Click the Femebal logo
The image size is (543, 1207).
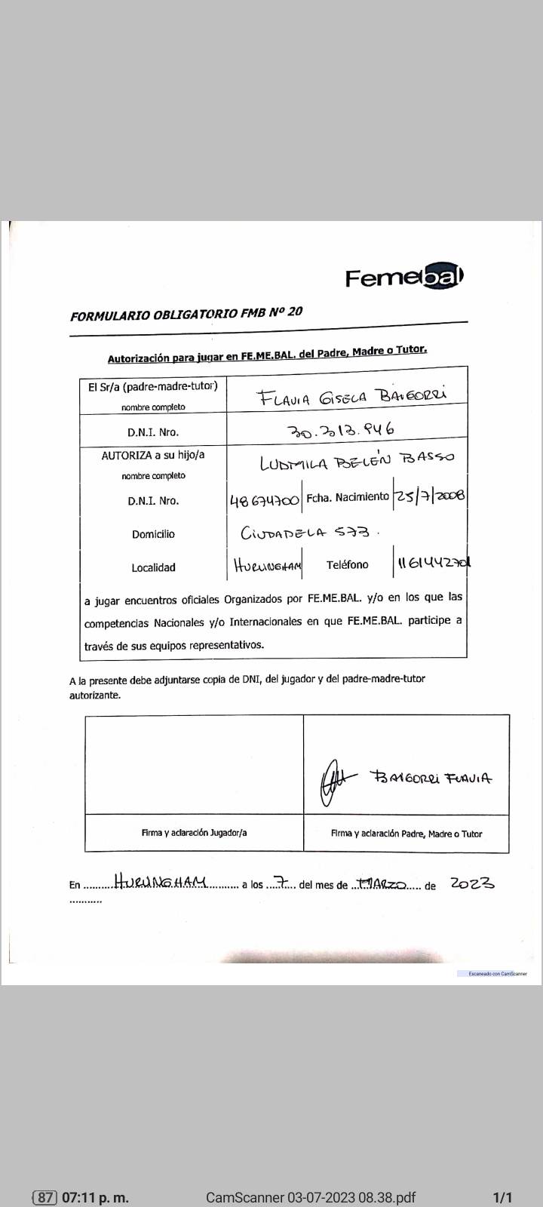(404, 277)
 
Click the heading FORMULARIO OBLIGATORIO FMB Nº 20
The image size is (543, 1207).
(186, 314)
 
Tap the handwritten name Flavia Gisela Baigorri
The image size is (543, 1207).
(352, 395)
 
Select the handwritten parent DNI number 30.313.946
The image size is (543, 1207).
(342, 430)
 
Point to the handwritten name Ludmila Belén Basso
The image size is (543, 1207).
(357, 461)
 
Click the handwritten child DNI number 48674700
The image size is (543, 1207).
(265, 499)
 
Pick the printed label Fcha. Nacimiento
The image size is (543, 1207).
(348, 497)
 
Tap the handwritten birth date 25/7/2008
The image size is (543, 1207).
(429, 496)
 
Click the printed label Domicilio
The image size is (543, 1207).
(153, 534)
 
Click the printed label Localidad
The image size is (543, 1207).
(153, 567)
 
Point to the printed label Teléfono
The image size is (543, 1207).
(348, 564)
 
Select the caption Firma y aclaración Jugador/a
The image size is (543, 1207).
(194, 833)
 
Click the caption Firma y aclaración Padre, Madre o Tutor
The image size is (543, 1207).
(406, 834)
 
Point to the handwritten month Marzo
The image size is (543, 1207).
(382, 883)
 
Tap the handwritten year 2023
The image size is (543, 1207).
(472, 883)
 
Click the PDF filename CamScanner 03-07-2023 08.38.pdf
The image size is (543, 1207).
(311, 1197)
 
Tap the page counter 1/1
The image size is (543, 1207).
(502, 1197)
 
